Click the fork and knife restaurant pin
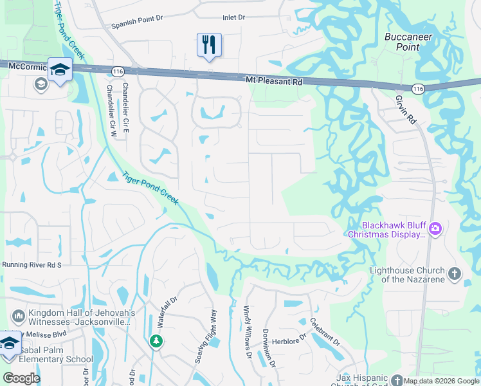[x=209, y=45]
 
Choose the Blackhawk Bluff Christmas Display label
[x=386, y=230]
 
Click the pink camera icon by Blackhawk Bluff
[x=435, y=228]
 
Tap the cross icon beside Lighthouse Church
[x=454, y=274]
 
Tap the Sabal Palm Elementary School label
[x=57, y=355]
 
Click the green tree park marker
[x=156, y=341]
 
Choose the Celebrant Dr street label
[x=324, y=330]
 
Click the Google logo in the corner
[x=21, y=378]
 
